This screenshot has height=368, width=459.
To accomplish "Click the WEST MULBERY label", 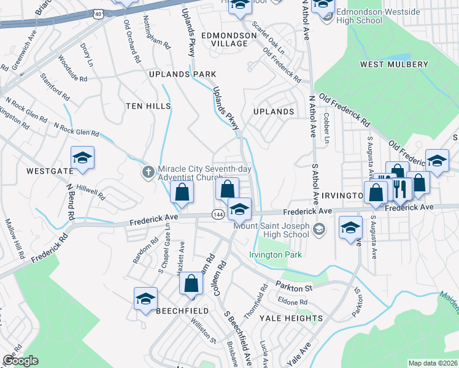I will point(394,64).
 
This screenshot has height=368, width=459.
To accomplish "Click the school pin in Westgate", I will point(82,159).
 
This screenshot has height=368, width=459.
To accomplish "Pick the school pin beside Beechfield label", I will point(145,299).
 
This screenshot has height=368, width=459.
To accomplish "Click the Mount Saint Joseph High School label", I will point(271,230).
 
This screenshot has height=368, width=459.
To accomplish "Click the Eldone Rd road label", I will point(292,302).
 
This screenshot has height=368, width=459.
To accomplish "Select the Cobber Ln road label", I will point(327,128).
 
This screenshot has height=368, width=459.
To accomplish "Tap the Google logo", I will point(20,360).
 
